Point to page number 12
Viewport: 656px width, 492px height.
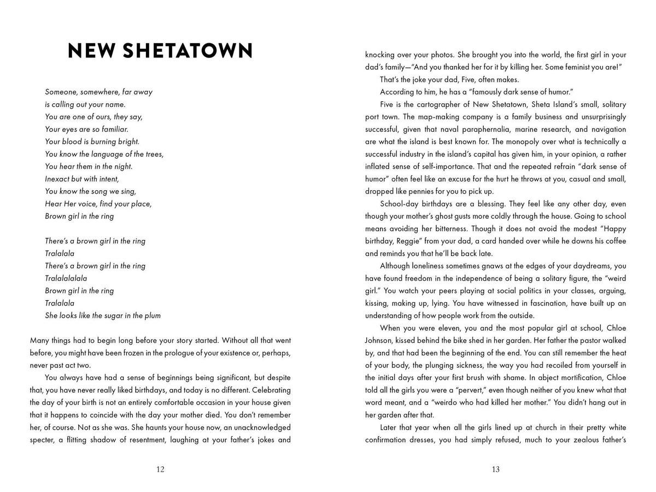pyautogui.click(x=160, y=469)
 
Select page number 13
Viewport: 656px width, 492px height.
pyautogui.click(x=495, y=469)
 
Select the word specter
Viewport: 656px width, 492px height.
pyautogui.click(x=46, y=440)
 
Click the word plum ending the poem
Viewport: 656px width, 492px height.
pyautogui.click(x=153, y=315)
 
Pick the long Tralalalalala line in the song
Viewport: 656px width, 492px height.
pyautogui.click(x=66, y=278)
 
